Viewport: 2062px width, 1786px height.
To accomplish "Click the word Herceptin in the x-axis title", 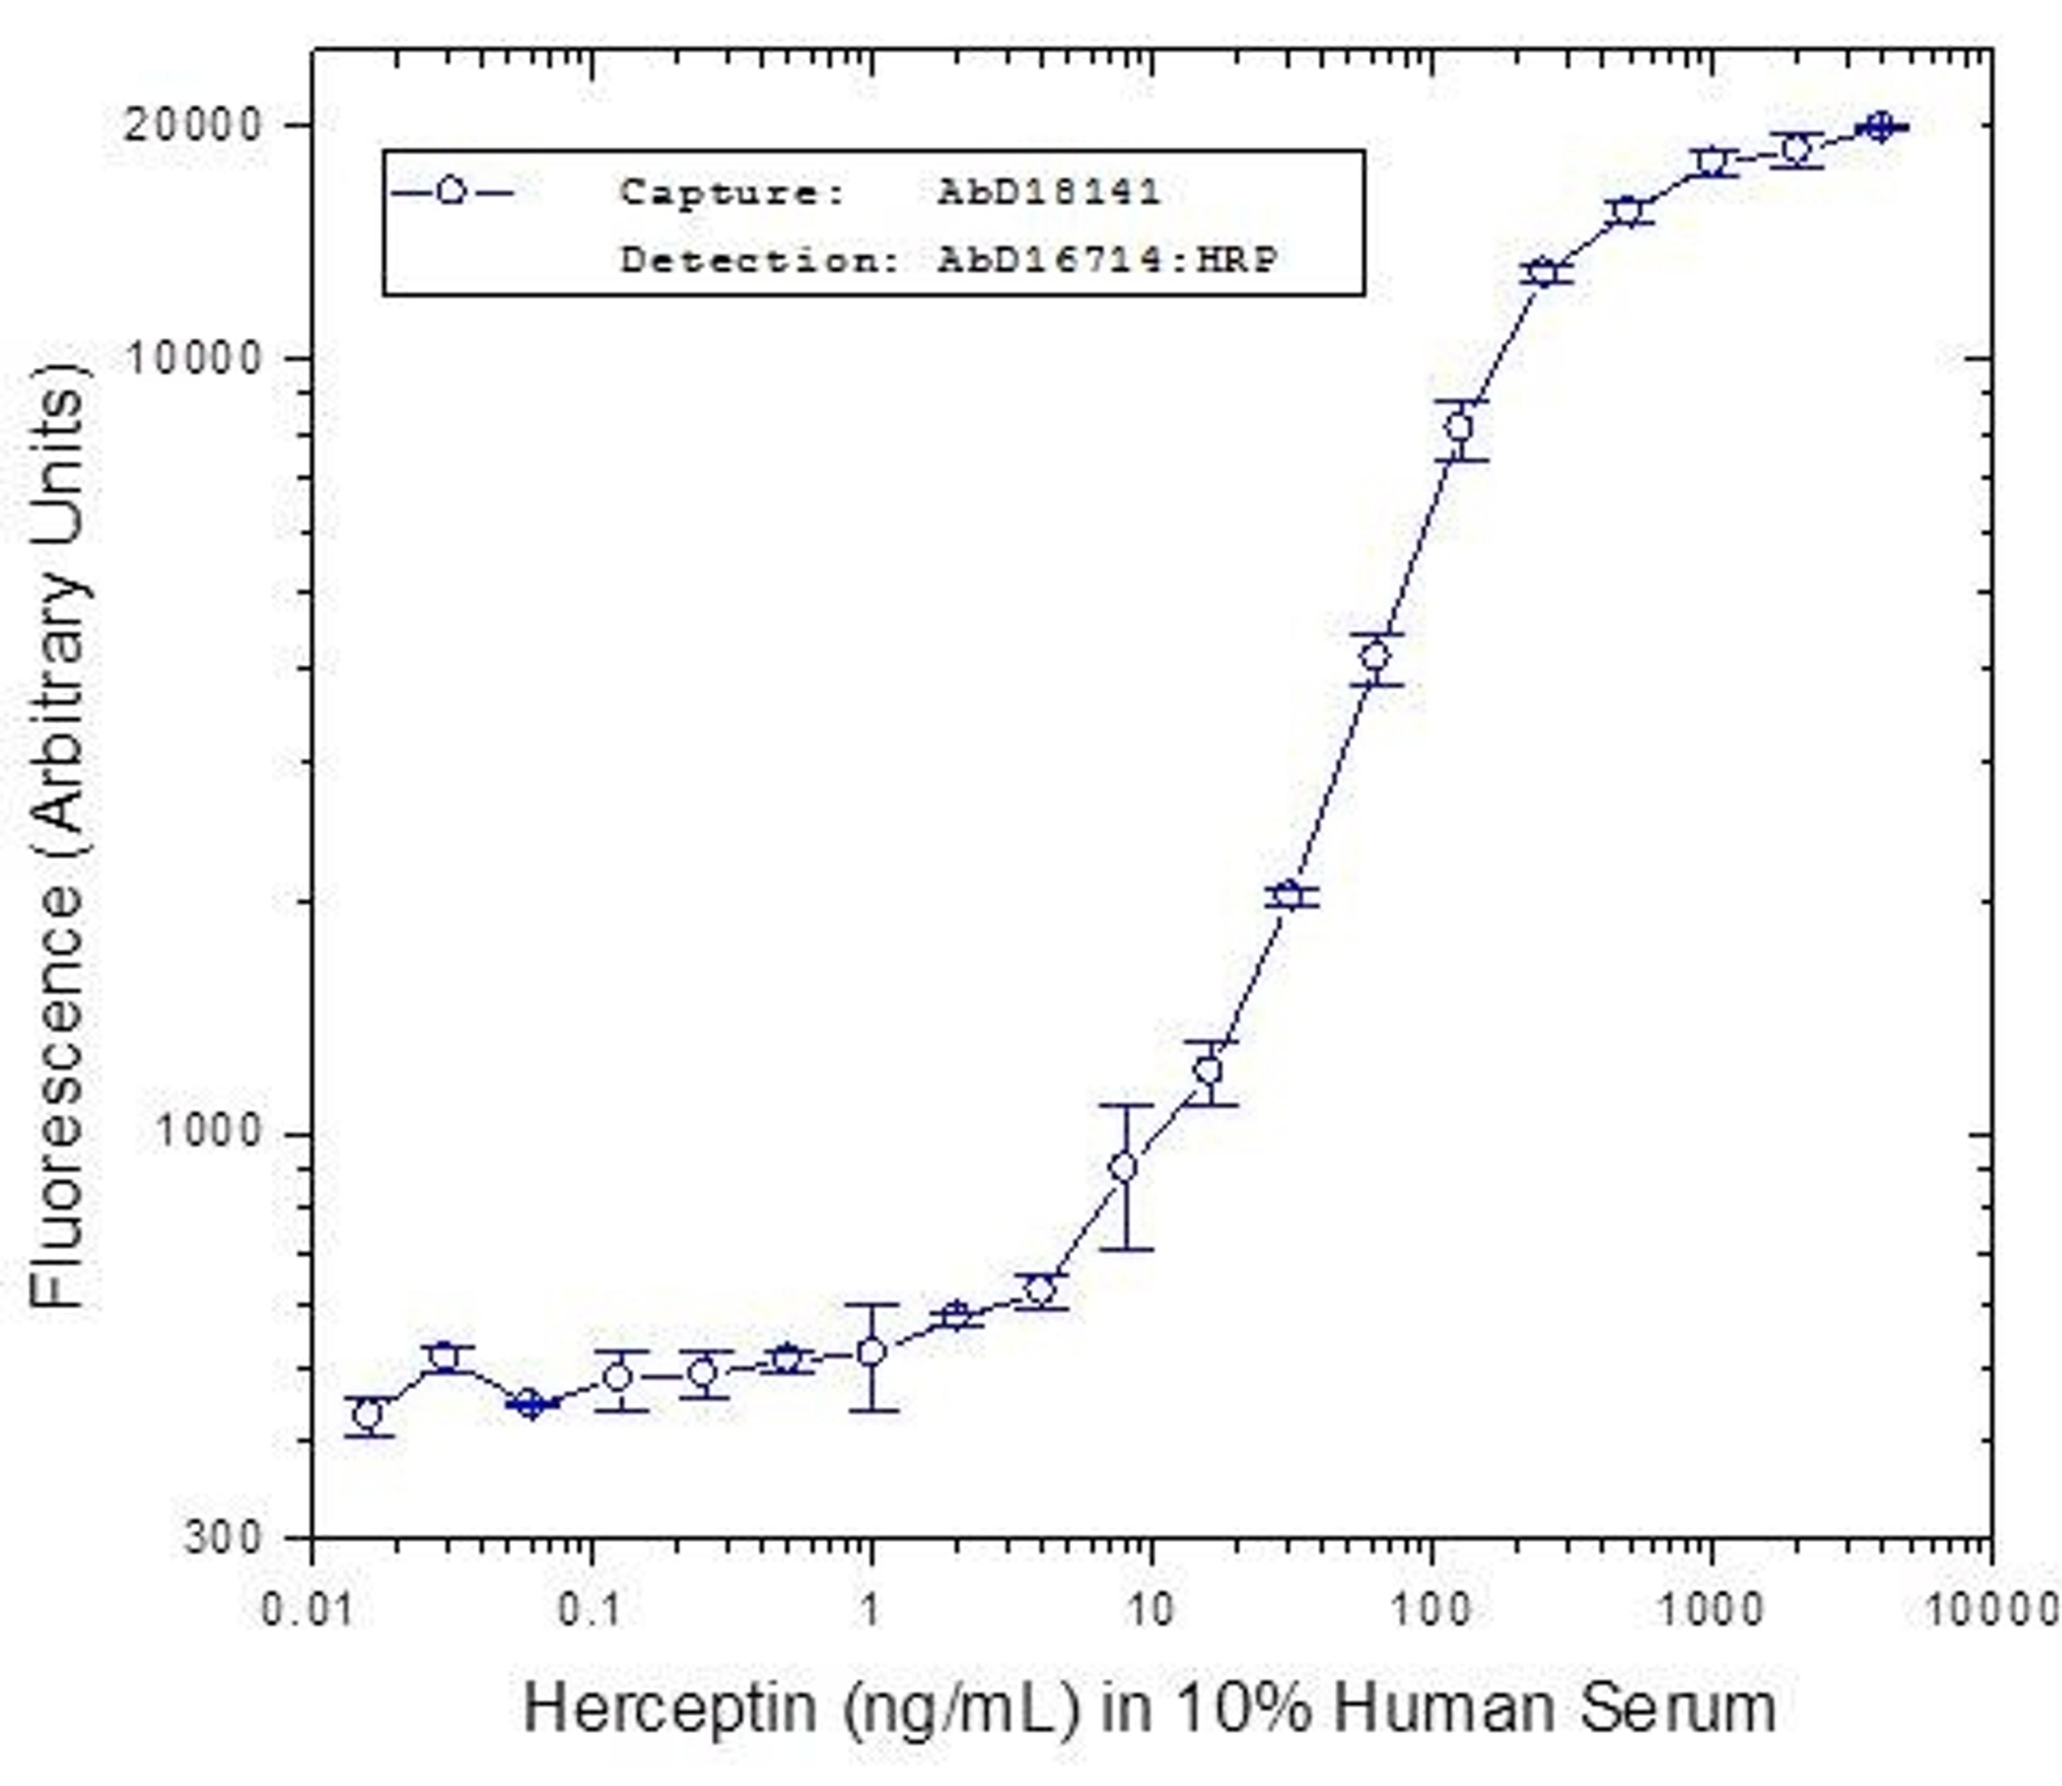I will [670, 1708].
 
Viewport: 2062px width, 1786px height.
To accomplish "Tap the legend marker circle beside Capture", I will [452, 191].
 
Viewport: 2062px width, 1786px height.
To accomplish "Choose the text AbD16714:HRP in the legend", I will [1106, 260].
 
